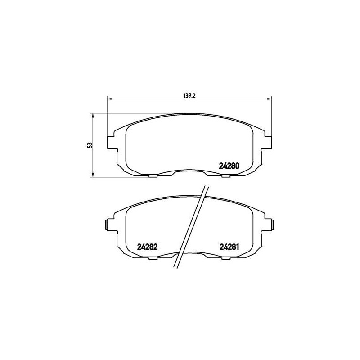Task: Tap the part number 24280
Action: coord(229,165)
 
